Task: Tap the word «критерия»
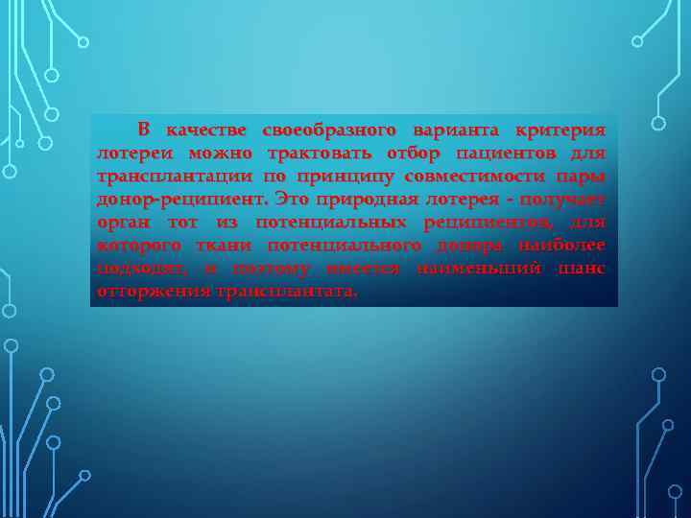pos(560,129)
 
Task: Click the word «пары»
pos(583,176)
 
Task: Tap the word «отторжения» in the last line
pos(154,291)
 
